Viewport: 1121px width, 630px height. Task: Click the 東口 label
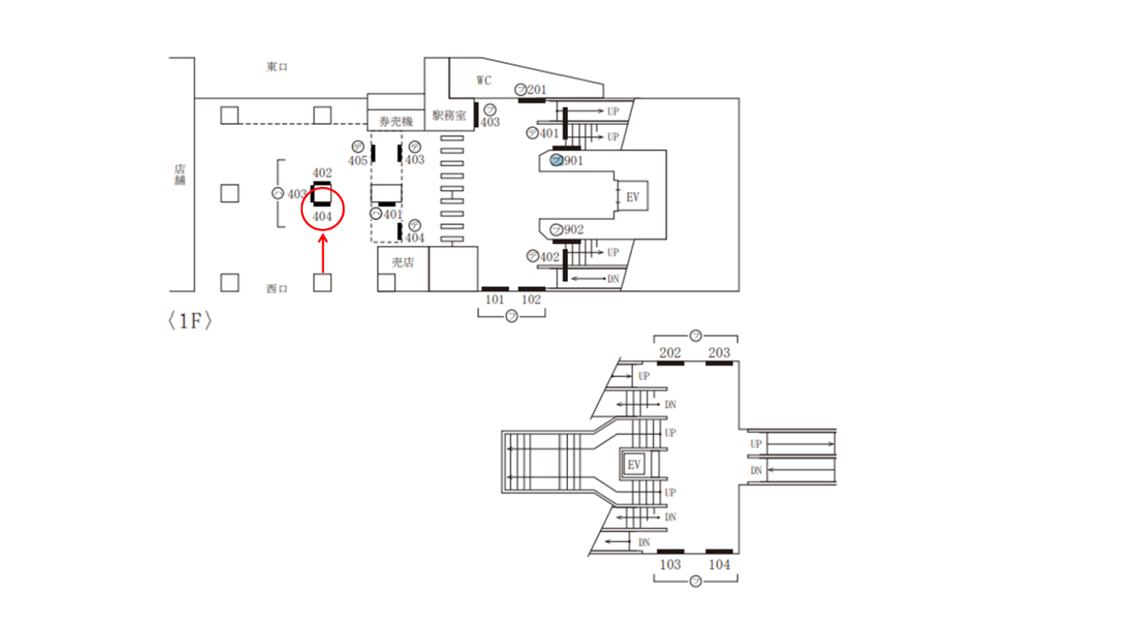(x=277, y=67)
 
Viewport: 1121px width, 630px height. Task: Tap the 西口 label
(x=277, y=289)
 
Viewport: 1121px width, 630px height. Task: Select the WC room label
(x=484, y=80)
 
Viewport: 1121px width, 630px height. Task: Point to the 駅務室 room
(x=449, y=116)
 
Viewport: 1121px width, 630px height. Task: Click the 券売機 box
(x=396, y=121)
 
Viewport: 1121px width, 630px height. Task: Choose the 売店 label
(x=402, y=262)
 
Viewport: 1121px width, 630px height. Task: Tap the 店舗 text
(x=180, y=174)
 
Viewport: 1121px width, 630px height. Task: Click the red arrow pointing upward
(x=323, y=254)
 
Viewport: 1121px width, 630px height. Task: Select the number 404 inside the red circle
(x=323, y=217)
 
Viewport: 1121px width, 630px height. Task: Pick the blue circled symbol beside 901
(x=556, y=160)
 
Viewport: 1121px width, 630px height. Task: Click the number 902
(x=574, y=230)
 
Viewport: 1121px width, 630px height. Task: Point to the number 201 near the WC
(x=537, y=89)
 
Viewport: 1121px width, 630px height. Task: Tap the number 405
(x=358, y=161)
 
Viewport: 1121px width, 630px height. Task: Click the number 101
(x=494, y=299)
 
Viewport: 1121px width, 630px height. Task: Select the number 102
(x=532, y=299)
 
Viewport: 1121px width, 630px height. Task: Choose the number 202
(x=670, y=353)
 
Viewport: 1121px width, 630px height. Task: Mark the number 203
(x=719, y=353)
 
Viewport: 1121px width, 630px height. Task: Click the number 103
(x=670, y=564)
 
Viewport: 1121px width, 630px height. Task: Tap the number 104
(x=719, y=564)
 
